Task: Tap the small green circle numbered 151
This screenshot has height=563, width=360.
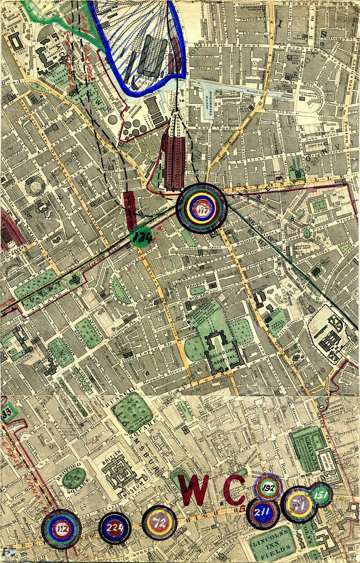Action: pos(321,494)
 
